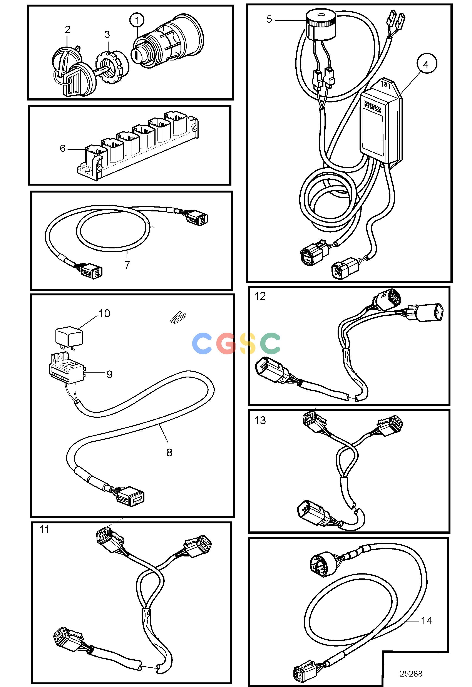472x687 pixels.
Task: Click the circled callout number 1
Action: [x=137, y=20]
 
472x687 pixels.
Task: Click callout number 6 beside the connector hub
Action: [x=63, y=148]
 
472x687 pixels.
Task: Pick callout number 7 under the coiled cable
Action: [x=127, y=264]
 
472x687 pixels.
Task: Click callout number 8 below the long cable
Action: [x=169, y=452]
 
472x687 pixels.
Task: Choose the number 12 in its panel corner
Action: [x=260, y=296]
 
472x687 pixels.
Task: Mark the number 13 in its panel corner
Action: [x=260, y=421]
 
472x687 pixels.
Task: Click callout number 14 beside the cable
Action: [x=427, y=620]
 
